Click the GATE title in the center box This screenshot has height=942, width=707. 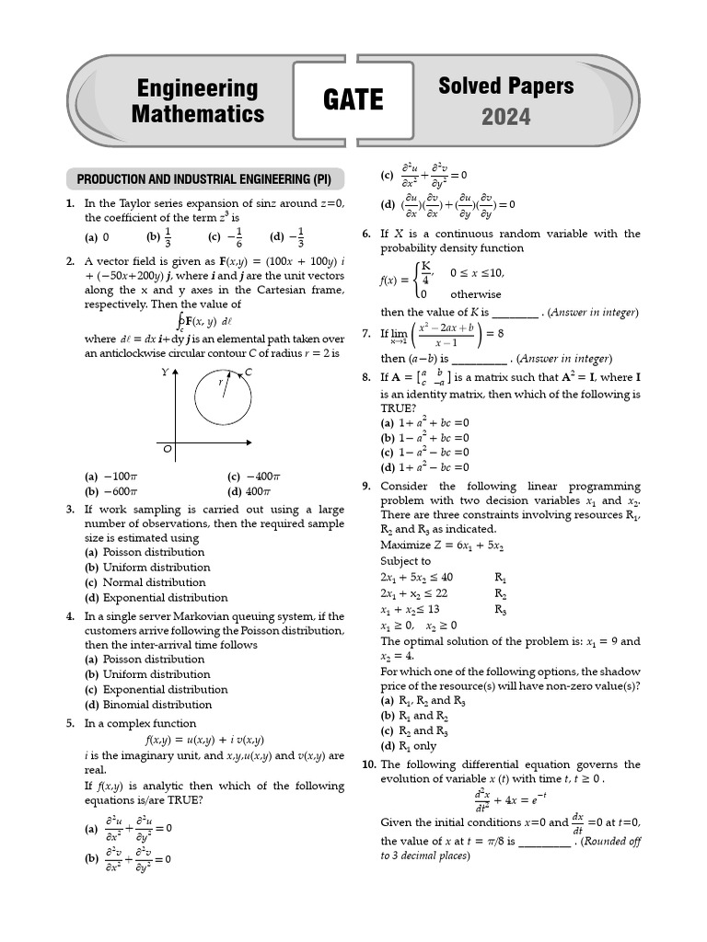353,100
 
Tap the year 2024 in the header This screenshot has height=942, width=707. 506,117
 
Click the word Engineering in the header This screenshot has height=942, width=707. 197,88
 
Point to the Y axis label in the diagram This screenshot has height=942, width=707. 165,373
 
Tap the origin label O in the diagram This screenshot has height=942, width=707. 168,450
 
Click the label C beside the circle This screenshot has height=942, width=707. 249,373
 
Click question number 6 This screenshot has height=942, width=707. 367,234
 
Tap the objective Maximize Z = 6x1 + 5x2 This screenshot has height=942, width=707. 442,546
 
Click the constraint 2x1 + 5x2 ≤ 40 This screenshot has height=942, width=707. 416,577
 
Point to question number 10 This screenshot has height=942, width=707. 368,764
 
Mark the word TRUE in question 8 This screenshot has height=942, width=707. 397,407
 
